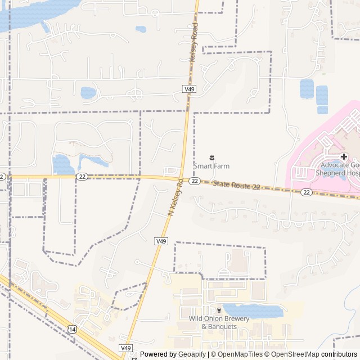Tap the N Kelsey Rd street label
click(176, 197)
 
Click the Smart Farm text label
click(211, 166)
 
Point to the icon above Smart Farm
click(212, 156)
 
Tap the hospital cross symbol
click(344, 156)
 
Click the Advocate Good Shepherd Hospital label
click(340, 169)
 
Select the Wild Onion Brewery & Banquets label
click(219, 322)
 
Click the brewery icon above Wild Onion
click(219, 310)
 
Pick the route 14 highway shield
click(72, 328)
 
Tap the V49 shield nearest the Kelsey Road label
click(190, 89)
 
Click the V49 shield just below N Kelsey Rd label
click(161, 241)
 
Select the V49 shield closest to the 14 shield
click(125, 348)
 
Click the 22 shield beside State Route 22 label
click(195, 181)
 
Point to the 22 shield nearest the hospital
click(306, 192)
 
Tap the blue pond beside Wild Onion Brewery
click(253, 310)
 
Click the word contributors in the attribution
click(340, 354)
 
